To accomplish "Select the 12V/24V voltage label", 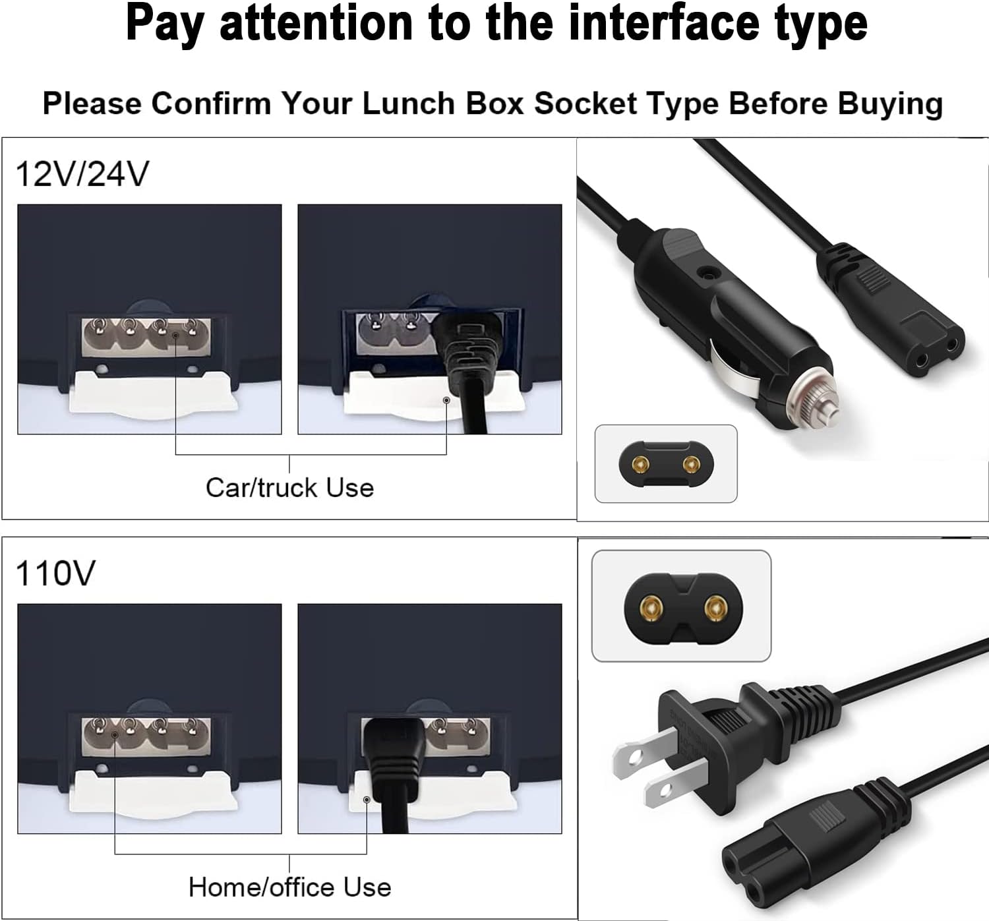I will [82, 174].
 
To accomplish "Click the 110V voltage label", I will [55, 573].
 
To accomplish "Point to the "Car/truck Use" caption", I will [289, 488].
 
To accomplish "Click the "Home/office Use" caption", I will [289, 887].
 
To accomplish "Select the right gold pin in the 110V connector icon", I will [713, 607].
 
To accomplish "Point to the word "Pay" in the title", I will [165, 24].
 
